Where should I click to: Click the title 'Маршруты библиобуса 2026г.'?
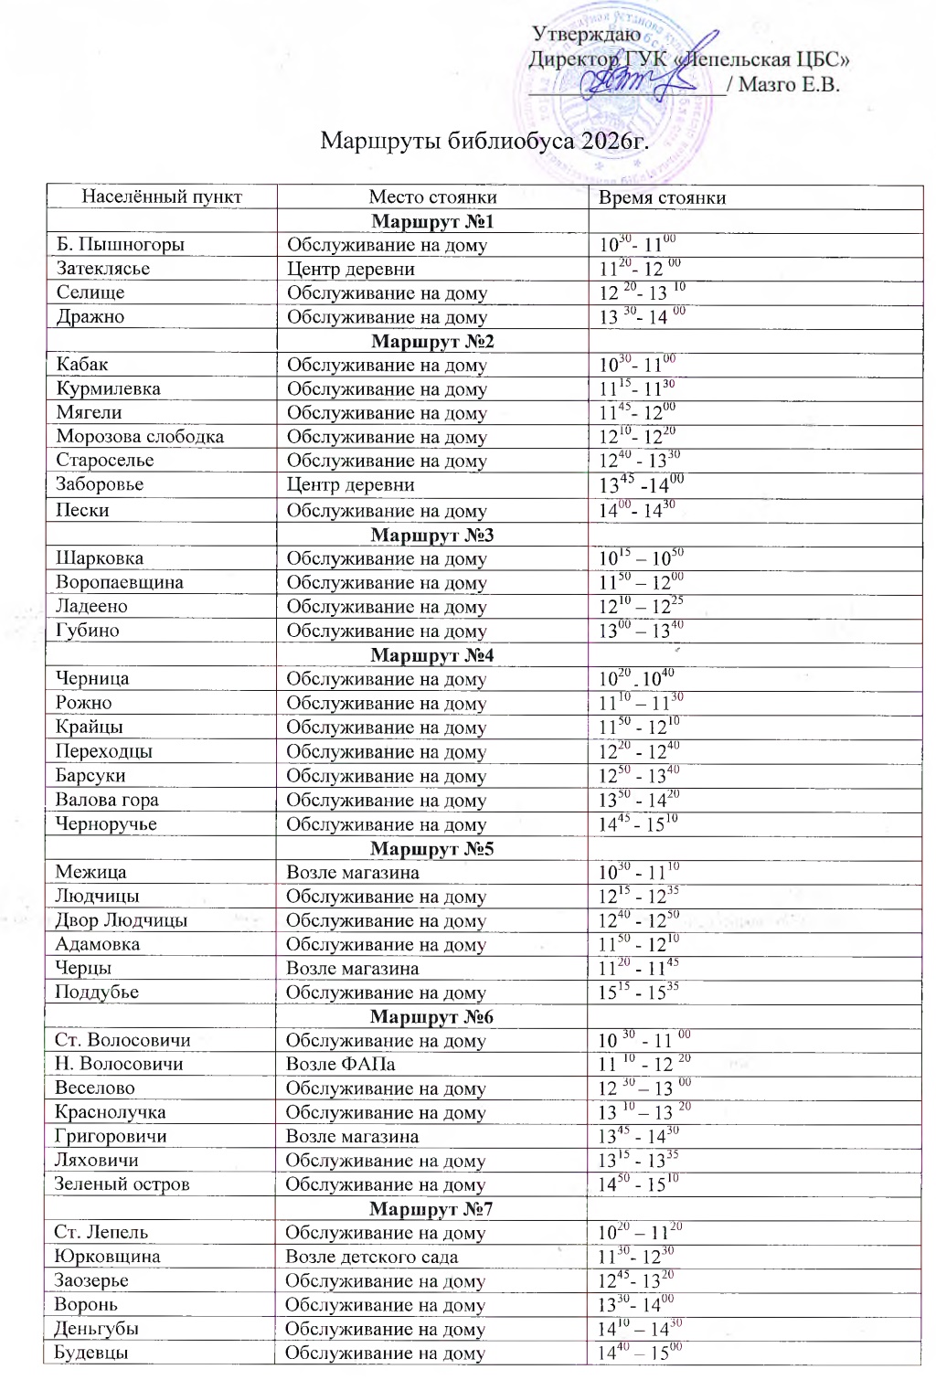[484, 142]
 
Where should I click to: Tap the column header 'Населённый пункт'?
[162, 196]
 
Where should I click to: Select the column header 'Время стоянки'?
[662, 197]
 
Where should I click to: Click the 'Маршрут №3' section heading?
[432, 535]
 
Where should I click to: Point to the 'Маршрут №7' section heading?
[431, 1209]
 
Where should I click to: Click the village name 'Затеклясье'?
[103, 269]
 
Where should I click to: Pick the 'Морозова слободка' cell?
[140, 437]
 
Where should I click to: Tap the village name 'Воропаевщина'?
[120, 582]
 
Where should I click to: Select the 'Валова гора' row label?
[107, 800]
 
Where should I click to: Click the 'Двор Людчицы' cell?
[121, 920]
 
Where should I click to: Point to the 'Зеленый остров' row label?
[122, 1184]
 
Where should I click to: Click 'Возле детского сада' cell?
[371, 1257]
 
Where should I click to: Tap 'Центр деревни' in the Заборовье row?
[351, 484]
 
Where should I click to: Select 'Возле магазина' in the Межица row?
[353, 872]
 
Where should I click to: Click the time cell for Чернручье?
[638, 823]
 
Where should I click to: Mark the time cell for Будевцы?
[640, 1353]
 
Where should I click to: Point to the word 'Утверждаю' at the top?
[586, 34]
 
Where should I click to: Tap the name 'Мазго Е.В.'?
[789, 85]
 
